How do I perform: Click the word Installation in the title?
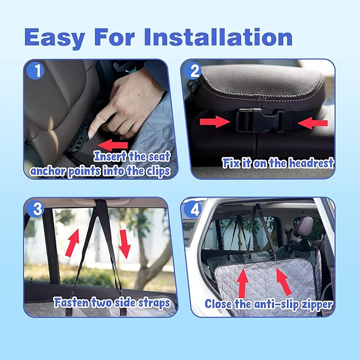coord(218,37)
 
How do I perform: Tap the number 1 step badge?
coord(36,71)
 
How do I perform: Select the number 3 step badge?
coord(36,208)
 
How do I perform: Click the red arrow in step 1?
coord(113,145)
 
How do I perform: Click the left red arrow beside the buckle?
coord(215,121)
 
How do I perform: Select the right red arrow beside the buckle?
coord(312,123)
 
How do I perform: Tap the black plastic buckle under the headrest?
coord(260,121)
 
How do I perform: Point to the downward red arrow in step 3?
coord(125,244)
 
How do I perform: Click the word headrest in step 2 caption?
coord(311,163)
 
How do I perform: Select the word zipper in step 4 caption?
coord(317,304)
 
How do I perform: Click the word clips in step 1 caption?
coord(158,171)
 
